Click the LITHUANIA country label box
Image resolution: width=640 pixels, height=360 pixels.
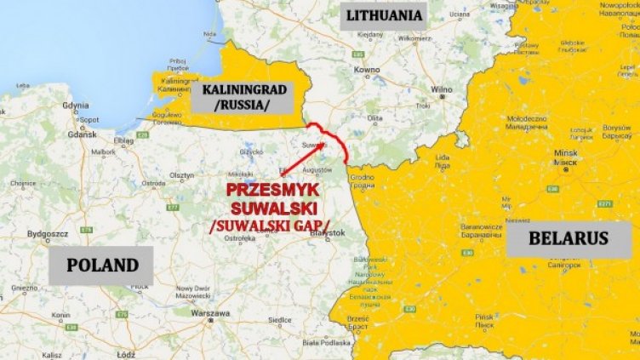point(382,16)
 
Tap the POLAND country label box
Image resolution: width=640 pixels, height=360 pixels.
point(100,265)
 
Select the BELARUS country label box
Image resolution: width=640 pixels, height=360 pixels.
point(569,238)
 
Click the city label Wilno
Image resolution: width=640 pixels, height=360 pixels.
point(441,89)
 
